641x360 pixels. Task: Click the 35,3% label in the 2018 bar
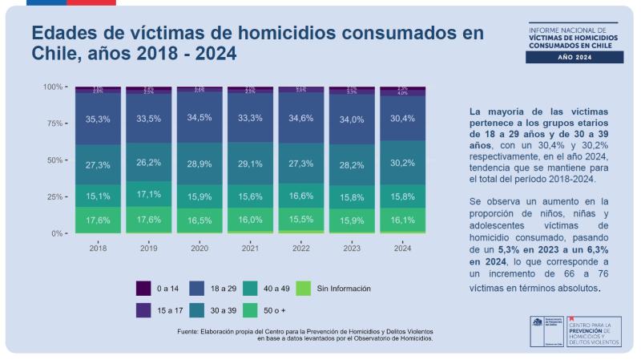[98, 119]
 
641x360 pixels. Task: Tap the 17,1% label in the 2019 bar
[148, 194]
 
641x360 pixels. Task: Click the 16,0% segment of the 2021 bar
[250, 219]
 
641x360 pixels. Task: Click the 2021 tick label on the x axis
[250, 249]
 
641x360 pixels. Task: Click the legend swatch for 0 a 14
[143, 288]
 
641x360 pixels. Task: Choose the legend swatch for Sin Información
[304, 288]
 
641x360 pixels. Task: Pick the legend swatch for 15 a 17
[143, 309]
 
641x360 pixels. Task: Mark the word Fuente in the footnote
[190, 331]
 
